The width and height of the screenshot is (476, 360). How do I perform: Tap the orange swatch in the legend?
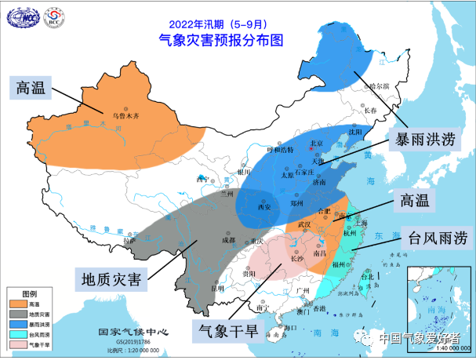[x=16, y=302]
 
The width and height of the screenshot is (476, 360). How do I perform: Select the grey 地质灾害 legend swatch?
[x=16, y=313]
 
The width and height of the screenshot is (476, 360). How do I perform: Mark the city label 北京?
[x=318, y=144]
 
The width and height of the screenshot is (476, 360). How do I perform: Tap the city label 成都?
[x=228, y=241]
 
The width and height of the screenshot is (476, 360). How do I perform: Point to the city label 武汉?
[x=304, y=225]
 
